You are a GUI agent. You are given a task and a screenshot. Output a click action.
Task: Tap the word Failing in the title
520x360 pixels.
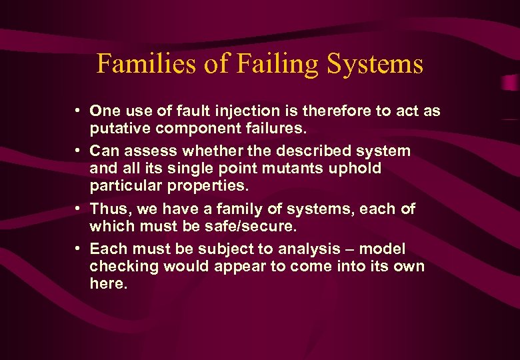pos(267,65)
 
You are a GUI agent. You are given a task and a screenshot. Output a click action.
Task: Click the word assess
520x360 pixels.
pos(149,151)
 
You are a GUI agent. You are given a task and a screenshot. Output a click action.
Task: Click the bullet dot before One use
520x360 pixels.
pos(79,109)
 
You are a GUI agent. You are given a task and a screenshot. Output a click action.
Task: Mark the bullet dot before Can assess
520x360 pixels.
pos(79,149)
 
